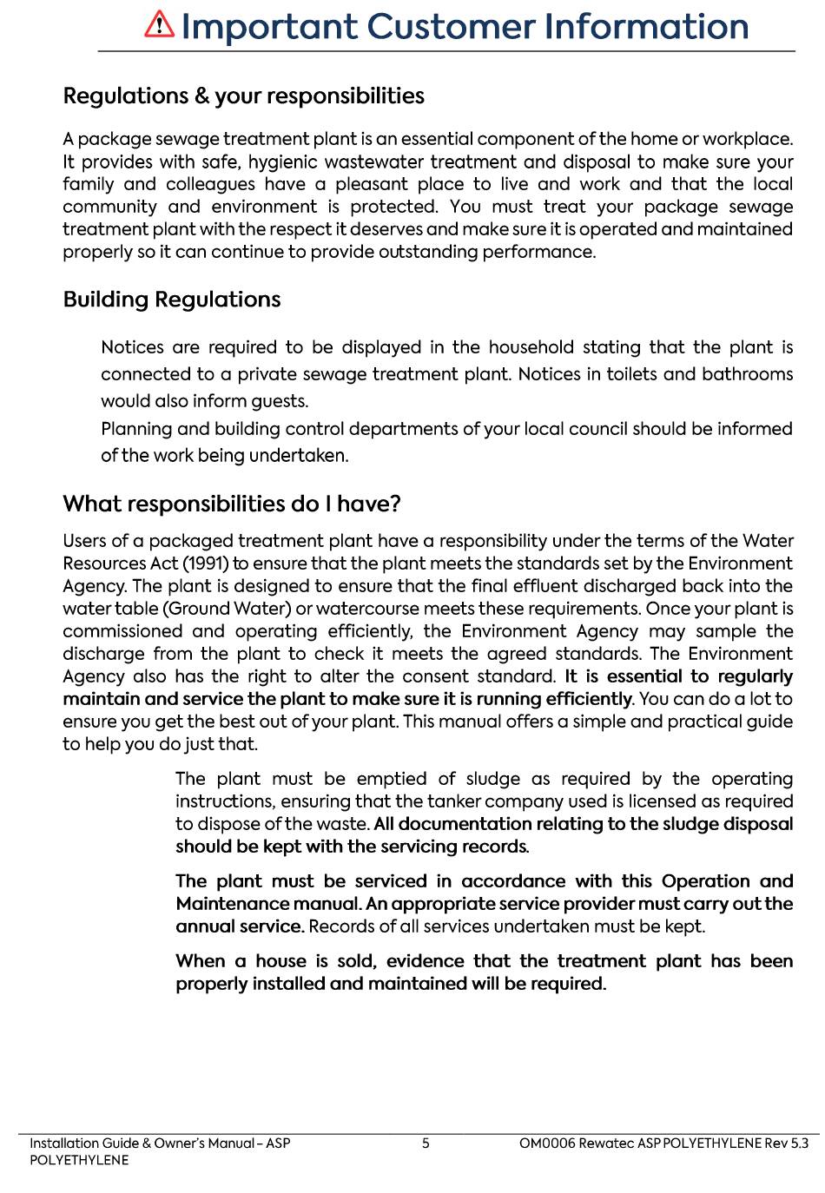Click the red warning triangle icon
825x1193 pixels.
tap(159, 24)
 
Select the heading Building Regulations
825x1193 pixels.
tap(172, 300)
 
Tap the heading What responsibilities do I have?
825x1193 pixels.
tap(232, 504)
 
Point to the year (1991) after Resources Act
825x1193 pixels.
tap(205, 564)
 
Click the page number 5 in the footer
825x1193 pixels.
tap(426, 1144)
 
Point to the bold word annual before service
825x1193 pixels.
tap(203, 926)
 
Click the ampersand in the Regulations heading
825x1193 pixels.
tap(201, 96)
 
